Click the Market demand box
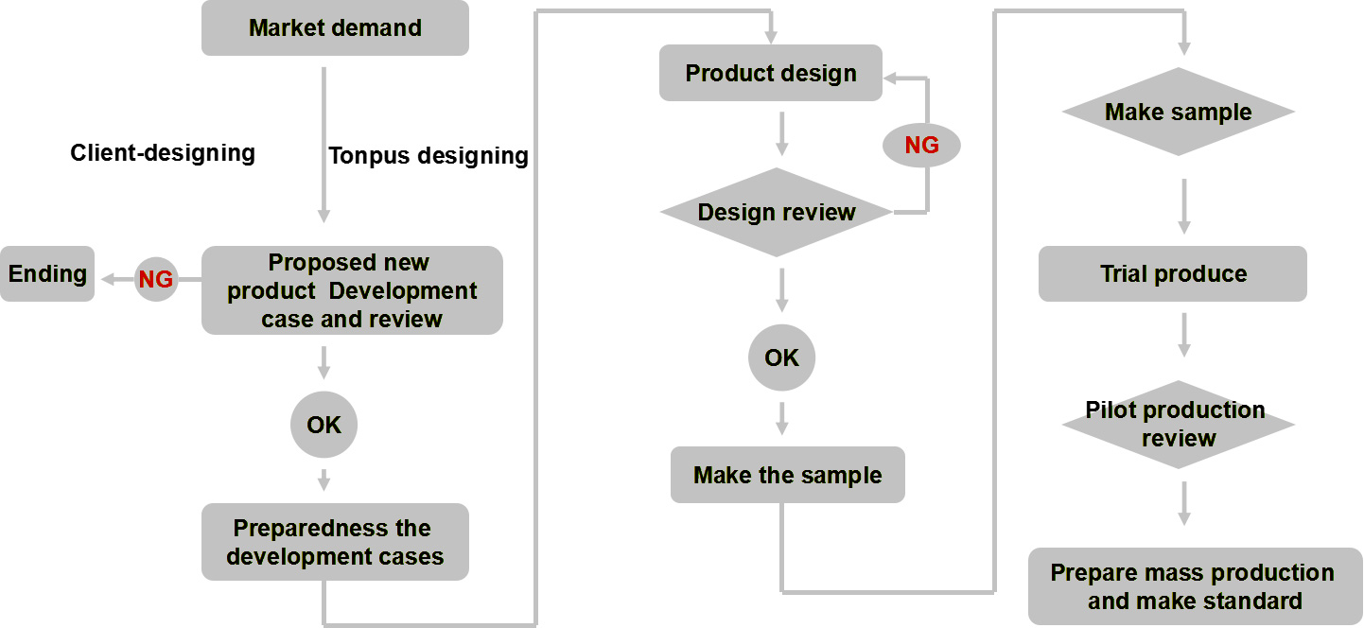[335, 28]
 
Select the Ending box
[47, 273]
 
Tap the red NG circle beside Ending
[156, 279]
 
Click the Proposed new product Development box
[352, 290]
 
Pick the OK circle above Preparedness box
[324, 425]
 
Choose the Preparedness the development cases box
[335, 542]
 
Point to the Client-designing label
[163, 153]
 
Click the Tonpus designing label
[428, 156]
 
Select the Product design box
[771, 73]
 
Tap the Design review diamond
[777, 212]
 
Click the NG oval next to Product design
[922, 145]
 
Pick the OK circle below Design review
[782, 358]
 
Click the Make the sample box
[787, 475]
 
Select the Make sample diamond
[1179, 112]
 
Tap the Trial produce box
[1173, 273]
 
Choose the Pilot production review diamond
[1179, 425]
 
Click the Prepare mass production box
[1195, 586]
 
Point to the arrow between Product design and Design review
[782, 134]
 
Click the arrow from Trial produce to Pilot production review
[1183, 336]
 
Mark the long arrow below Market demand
[324, 145]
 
